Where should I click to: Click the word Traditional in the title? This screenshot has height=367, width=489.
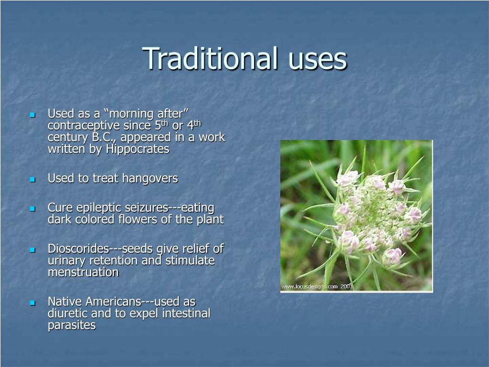pyautogui.click(x=210, y=58)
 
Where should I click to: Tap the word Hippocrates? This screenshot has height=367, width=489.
pyautogui.click(x=138, y=149)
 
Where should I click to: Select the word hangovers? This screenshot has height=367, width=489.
pyautogui.click(x=150, y=178)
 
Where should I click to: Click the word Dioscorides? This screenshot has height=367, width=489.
pyautogui.click(x=78, y=248)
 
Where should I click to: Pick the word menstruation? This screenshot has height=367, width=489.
pyautogui.click(x=83, y=272)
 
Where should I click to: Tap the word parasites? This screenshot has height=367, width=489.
pyautogui.click(x=72, y=325)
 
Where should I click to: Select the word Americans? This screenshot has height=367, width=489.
pyautogui.click(x=113, y=302)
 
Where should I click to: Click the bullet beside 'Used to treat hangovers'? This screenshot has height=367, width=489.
pyautogui.click(x=32, y=180)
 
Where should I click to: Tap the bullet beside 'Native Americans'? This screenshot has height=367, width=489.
pyautogui.click(x=32, y=302)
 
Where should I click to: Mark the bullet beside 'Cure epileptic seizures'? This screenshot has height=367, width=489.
pyautogui.click(x=32, y=209)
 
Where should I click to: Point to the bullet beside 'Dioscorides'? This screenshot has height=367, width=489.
pyautogui.click(x=32, y=250)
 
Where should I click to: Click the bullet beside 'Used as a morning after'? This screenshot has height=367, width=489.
pyautogui.click(x=32, y=115)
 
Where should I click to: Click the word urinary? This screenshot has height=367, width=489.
pyautogui.click(x=66, y=261)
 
